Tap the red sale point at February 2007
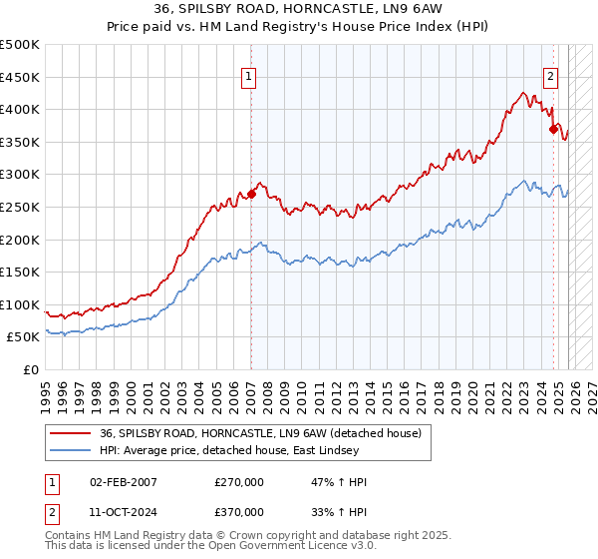251,195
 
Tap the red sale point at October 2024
553,129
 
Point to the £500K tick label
20,45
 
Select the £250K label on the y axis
20,207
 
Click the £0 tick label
32,369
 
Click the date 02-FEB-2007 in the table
124,482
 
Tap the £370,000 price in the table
239,511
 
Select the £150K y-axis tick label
20,272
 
